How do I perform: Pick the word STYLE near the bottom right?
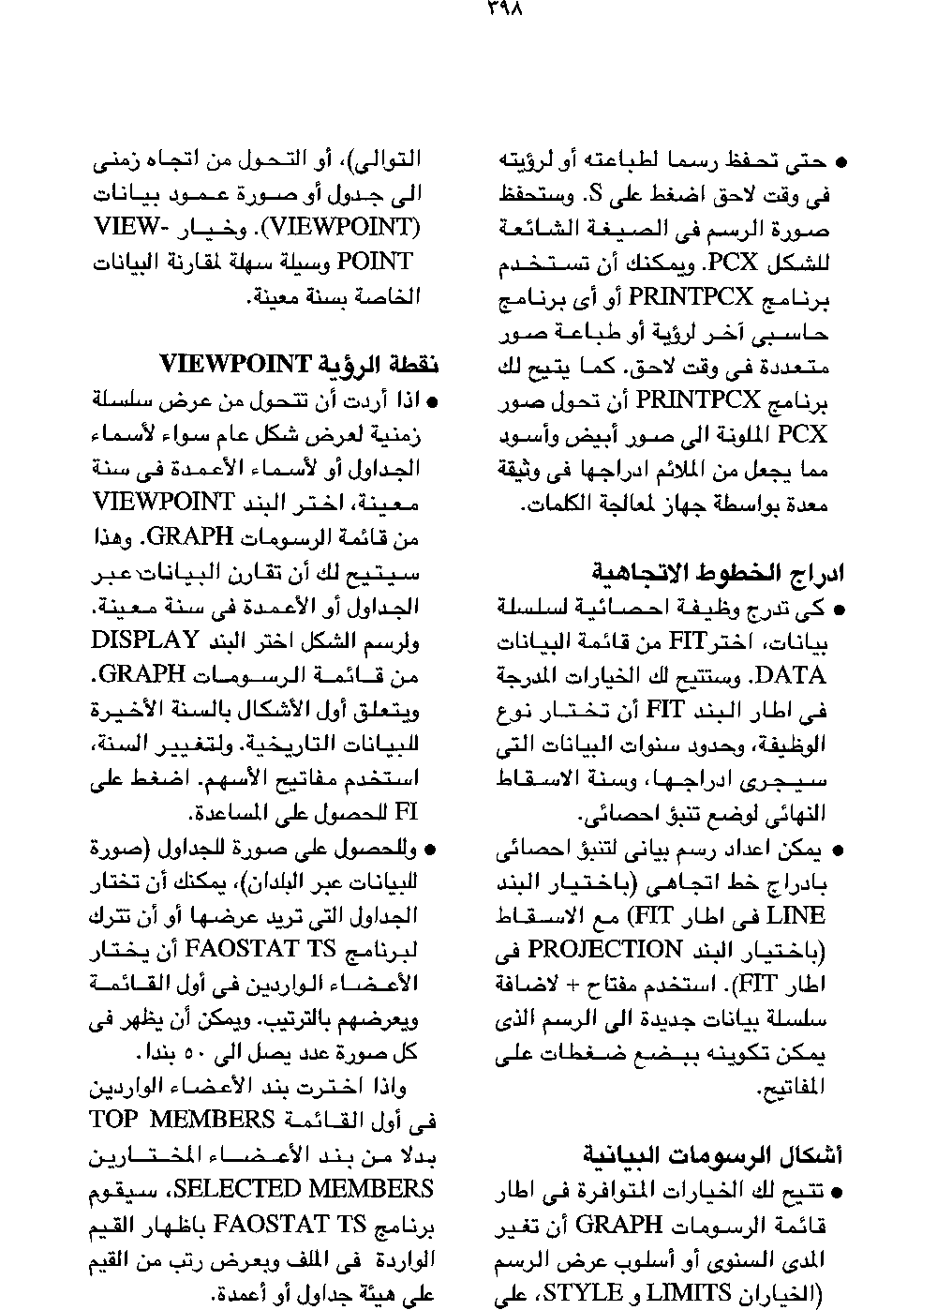(587, 1293)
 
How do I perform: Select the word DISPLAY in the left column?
(144, 640)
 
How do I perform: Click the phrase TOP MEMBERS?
(181, 1120)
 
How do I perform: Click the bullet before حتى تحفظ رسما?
(840, 162)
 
